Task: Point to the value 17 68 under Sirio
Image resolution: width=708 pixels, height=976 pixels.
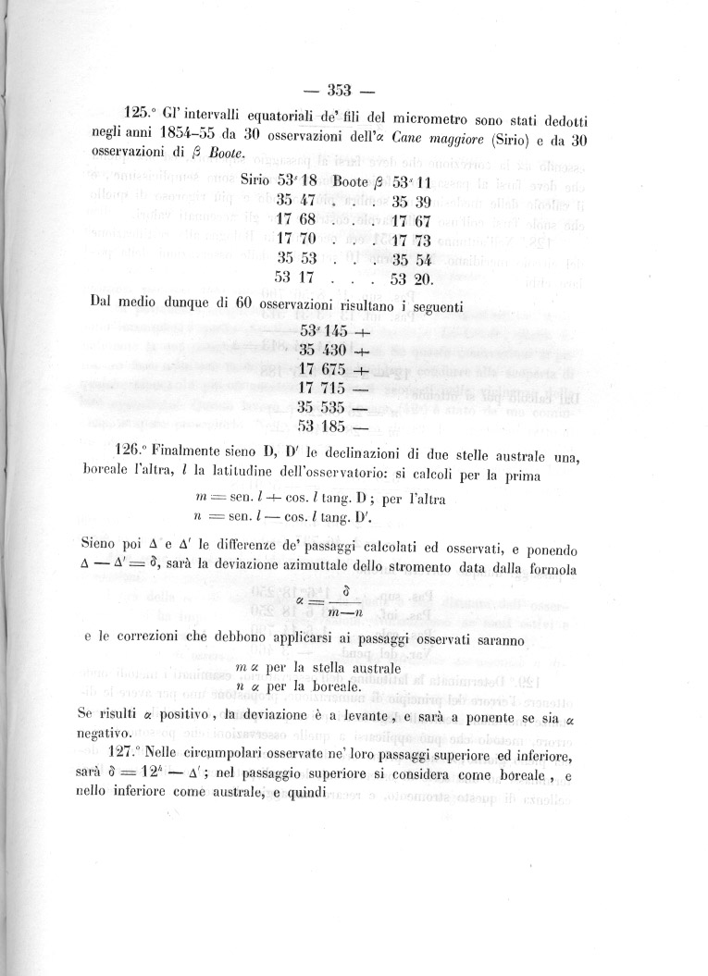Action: (x=297, y=222)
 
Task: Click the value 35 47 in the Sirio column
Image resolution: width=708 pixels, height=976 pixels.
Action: (x=297, y=201)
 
